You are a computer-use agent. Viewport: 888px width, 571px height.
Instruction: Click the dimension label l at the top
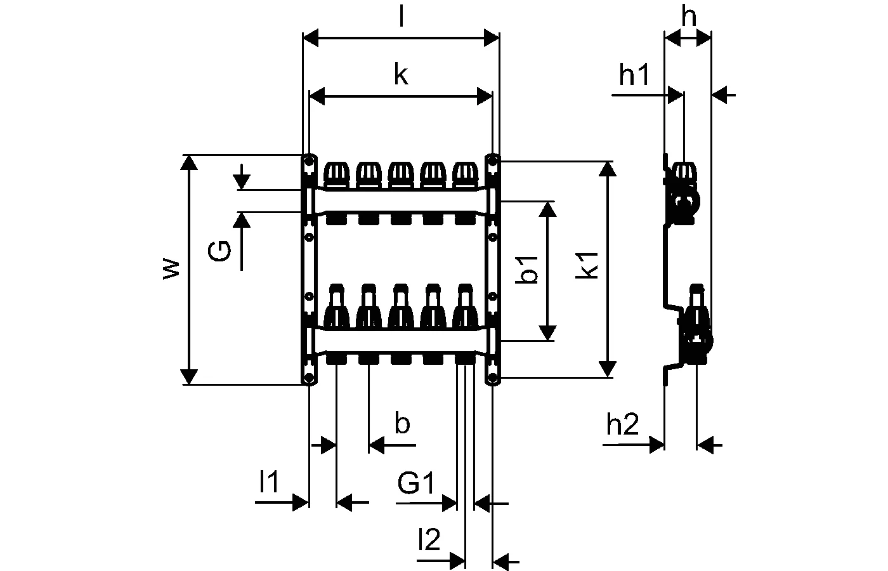pos(401,17)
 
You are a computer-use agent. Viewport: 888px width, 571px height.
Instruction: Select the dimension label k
pos(400,75)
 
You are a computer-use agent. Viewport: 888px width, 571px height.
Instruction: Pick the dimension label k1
pos(589,265)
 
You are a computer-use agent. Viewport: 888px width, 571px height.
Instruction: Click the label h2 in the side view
pos(622,425)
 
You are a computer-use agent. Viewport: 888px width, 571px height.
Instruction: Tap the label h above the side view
pos(688,17)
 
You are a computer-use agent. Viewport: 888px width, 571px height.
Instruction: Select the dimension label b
pos(402,423)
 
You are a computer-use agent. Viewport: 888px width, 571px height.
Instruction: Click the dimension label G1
pos(416,484)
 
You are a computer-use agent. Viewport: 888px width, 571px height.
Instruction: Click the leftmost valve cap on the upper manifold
pos(336,173)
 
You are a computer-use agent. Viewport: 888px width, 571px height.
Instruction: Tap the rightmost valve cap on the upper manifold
pos(466,173)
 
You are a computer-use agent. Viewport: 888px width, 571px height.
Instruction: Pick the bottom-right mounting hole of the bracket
pos(493,379)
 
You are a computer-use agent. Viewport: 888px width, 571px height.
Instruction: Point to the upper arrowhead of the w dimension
pos(188,162)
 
